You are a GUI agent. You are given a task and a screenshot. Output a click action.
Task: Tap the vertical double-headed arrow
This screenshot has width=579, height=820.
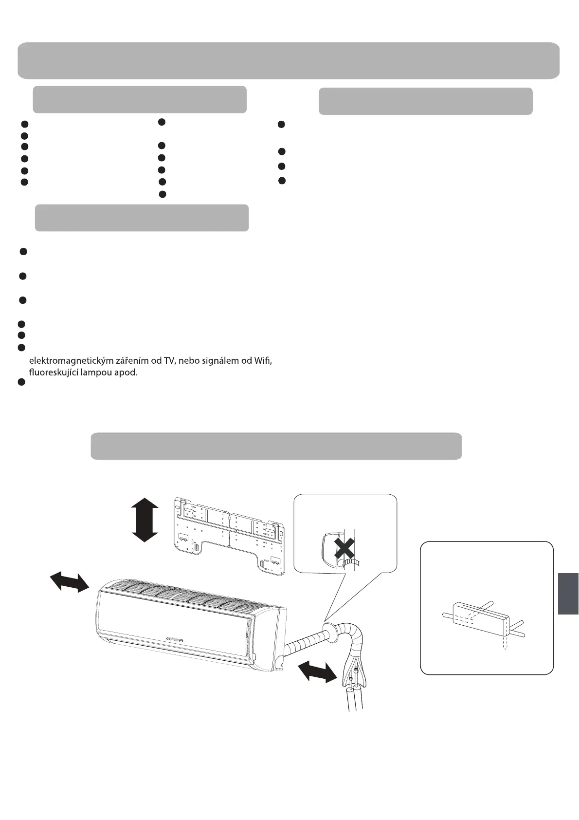[x=145, y=520]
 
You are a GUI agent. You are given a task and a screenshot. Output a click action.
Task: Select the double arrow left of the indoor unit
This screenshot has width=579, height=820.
[x=70, y=582]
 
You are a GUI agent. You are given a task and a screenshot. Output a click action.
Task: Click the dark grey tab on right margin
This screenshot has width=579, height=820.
[x=568, y=594]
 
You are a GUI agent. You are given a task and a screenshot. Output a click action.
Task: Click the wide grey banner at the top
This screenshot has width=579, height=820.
[x=289, y=60]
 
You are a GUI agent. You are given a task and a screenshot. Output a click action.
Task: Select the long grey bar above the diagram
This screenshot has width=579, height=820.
[x=276, y=446]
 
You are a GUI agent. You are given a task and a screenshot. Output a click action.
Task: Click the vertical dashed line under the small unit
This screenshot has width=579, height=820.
[x=506, y=642]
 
